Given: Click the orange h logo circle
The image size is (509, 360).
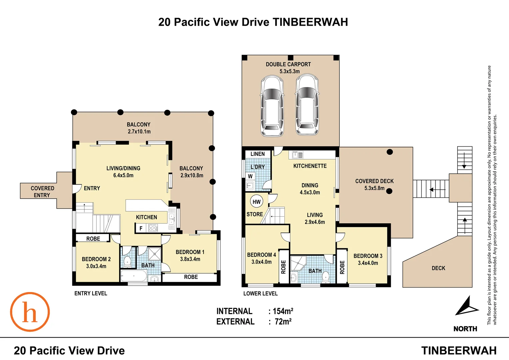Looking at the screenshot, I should click(30, 312).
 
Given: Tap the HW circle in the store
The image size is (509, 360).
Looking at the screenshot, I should click(256, 202).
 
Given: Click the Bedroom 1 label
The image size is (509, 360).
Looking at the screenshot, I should click(190, 252).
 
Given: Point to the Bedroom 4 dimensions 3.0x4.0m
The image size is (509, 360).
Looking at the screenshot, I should click(261, 262).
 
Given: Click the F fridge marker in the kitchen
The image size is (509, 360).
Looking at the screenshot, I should click(141, 228).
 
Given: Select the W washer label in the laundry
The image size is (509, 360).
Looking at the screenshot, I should click(250, 176).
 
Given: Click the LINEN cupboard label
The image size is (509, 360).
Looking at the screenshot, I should click(257, 154).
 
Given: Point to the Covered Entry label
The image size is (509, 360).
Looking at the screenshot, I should click(42, 192).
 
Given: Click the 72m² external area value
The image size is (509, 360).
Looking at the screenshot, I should click(283, 322).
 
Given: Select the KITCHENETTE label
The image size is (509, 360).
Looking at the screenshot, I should click(310, 166).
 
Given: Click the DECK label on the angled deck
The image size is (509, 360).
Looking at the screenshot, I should click(438, 268).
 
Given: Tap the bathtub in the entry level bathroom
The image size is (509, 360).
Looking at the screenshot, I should click(134, 276).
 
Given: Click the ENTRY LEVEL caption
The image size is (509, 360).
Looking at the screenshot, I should click(91, 293).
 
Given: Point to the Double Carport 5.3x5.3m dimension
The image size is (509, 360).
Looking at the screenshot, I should click(289, 71).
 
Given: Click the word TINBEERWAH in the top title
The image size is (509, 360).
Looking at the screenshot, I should click(310, 22).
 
